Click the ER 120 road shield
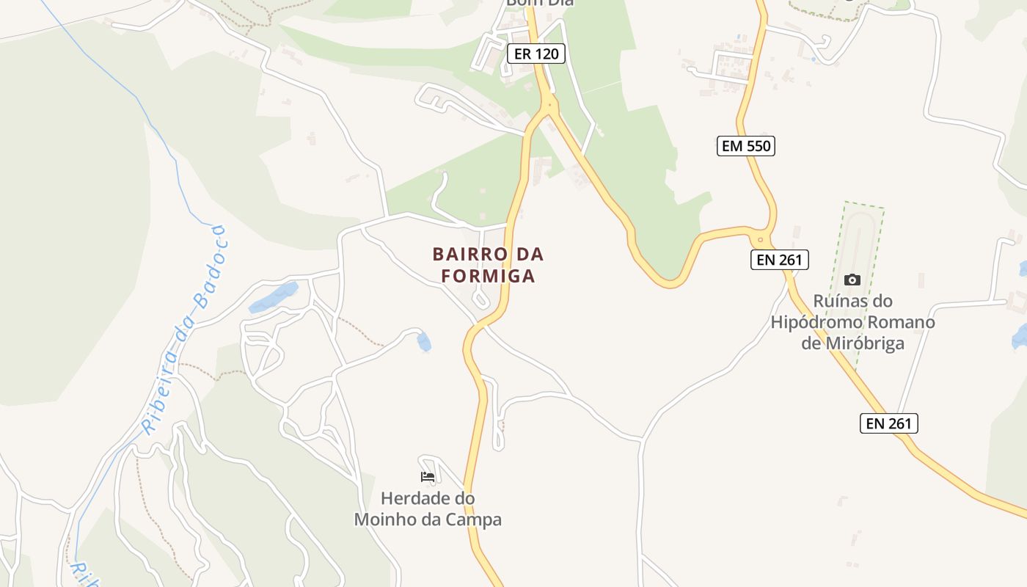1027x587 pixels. [x=537, y=53]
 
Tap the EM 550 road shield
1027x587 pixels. [x=745, y=146]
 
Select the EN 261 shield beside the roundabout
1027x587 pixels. [x=779, y=259]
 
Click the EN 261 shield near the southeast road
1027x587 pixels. [x=888, y=423]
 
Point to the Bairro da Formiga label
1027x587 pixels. [x=488, y=265]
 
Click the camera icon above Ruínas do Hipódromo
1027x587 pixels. [x=852, y=280]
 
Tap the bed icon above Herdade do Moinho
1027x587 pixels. [x=428, y=477]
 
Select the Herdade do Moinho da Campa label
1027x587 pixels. [x=428, y=509]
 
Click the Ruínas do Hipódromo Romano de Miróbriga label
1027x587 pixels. [x=852, y=322]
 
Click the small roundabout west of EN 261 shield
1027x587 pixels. [x=761, y=239]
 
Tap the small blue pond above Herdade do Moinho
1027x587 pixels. [x=424, y=341]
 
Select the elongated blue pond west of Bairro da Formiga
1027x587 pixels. [x=273, y=296]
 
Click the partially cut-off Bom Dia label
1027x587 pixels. [x=539, y=3]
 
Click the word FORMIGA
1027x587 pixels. [x=488, y=277]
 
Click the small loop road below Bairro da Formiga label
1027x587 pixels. [x=480, y=300]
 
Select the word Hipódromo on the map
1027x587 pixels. [x=852, y=322]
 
